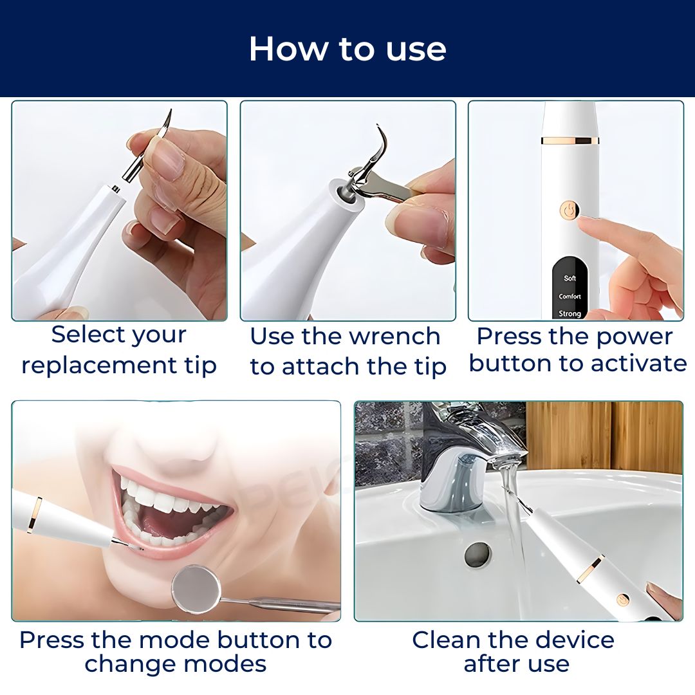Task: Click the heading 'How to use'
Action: tap(347, 49)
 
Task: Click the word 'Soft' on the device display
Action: tap(570, 278)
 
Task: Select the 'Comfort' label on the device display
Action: tap(570, 296)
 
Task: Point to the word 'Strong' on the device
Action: tap(570, 313)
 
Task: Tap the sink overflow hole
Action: tap(477, 555)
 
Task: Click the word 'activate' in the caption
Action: tap(638, 363)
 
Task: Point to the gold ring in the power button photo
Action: tap(570, 140)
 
